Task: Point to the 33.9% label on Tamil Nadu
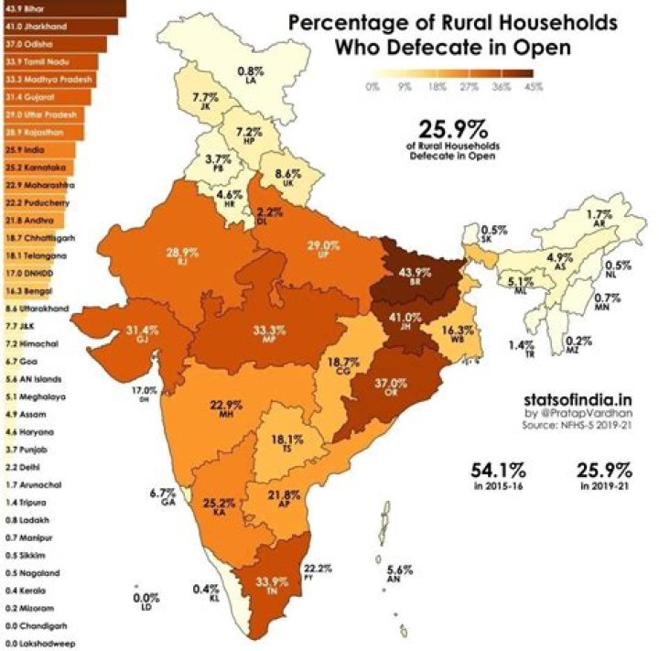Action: [x=264, y=581]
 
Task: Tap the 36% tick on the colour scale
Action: [x=501, y=87]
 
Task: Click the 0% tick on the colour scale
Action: [x=372, y=87]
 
